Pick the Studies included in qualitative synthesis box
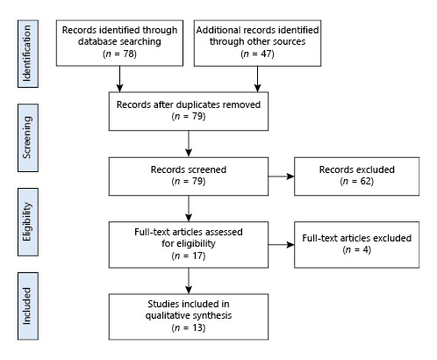[187, 312]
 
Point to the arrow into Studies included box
[187, 280]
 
